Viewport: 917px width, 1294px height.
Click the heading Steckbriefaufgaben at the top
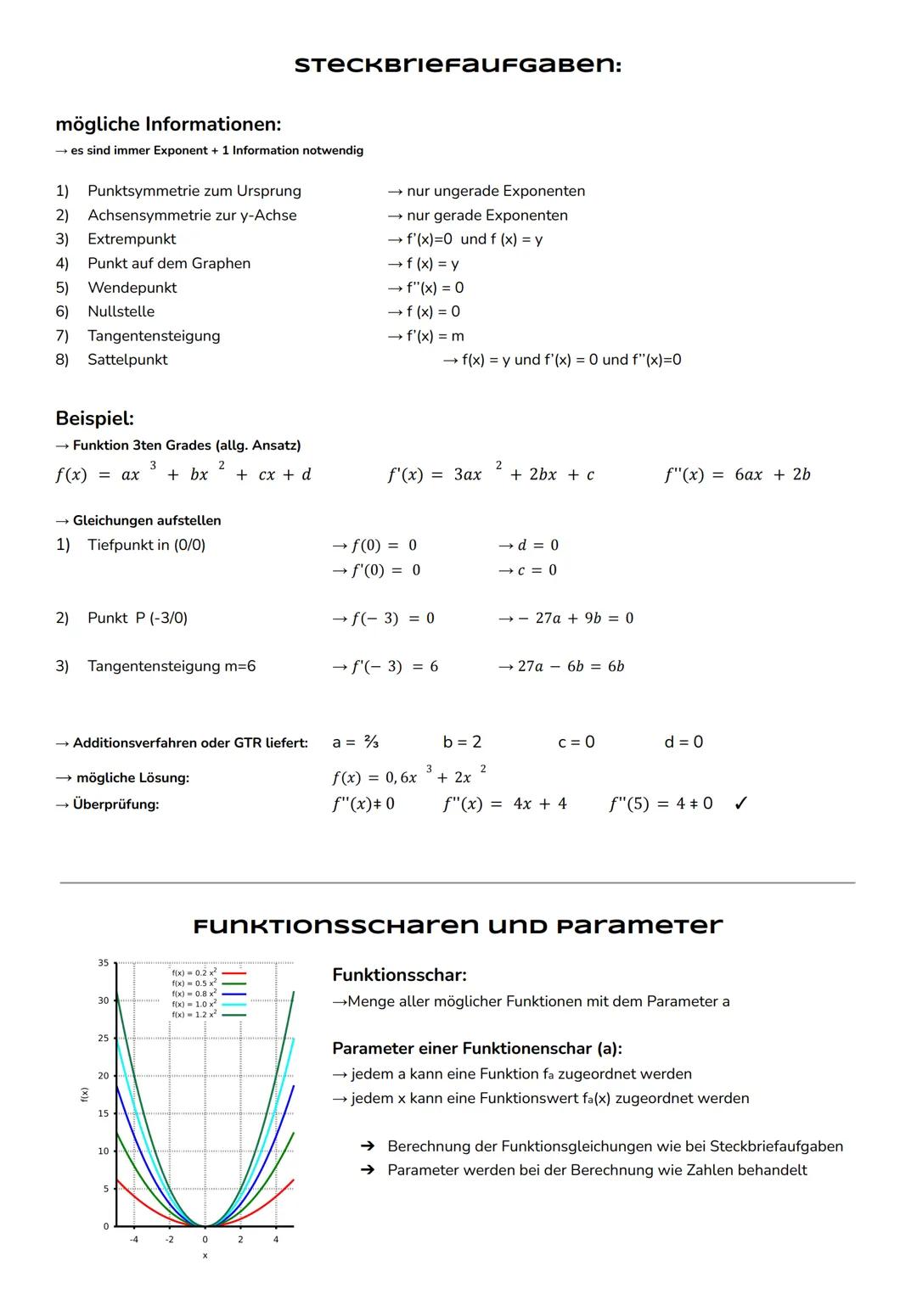point(458,65)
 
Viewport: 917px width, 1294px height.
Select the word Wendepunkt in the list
point(132,288)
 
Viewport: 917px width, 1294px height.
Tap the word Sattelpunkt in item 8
point(127,360)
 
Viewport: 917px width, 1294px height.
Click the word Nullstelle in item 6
point(121,311)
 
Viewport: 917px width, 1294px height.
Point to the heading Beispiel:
point(94,418)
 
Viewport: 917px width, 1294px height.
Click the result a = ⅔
point(355,742)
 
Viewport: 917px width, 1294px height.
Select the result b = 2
point(462,742)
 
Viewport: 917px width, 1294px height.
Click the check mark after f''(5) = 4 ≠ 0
point(740,804)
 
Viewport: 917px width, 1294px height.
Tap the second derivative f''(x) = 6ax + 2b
point(737,475)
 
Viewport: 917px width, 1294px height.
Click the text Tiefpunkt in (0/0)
point(146,545)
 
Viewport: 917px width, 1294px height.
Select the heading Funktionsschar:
point(399,975)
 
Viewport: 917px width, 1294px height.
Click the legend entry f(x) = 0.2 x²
point(194,972)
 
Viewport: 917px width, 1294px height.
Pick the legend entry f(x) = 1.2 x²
point(194,1015)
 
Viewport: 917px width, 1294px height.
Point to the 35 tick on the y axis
point(103,963)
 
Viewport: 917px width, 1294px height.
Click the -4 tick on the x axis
point(134,1240)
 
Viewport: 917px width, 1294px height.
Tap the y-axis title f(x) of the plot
point(84,1095)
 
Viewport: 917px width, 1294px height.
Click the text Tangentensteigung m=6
point(171,667)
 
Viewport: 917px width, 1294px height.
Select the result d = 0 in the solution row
point(684,742)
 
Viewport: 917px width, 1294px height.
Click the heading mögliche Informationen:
point(168,125)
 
